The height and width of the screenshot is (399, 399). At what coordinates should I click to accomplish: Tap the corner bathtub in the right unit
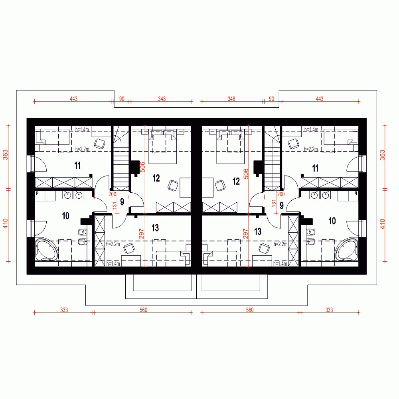[347, 249]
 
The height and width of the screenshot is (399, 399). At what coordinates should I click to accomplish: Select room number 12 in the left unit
[156, 178]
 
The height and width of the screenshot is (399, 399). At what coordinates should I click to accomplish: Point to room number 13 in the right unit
[258, 231]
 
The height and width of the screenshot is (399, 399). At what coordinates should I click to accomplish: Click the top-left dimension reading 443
[73, 99]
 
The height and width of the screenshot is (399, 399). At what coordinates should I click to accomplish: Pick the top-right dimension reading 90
[271, 99]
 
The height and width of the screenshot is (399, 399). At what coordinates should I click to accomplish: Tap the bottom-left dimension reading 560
[144, 310]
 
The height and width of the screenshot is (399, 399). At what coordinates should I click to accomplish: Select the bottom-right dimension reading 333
[329, 310]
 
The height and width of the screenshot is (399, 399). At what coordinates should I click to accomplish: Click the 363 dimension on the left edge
[5, 155]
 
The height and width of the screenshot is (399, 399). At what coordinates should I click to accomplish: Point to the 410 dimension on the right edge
[383, 224]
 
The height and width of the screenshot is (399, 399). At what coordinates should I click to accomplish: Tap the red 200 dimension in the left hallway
[112, 194]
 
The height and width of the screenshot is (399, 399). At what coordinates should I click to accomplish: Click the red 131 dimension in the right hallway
[274, 203]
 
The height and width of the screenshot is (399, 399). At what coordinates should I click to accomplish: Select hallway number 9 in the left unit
[122, 202]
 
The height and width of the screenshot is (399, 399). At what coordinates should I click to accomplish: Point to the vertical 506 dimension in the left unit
[142, 167]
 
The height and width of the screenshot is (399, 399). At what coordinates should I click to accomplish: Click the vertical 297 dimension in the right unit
[245, 233]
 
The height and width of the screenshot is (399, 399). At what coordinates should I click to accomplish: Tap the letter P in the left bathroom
[37, 194]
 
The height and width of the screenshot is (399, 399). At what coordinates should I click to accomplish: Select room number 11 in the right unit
[315, 168]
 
